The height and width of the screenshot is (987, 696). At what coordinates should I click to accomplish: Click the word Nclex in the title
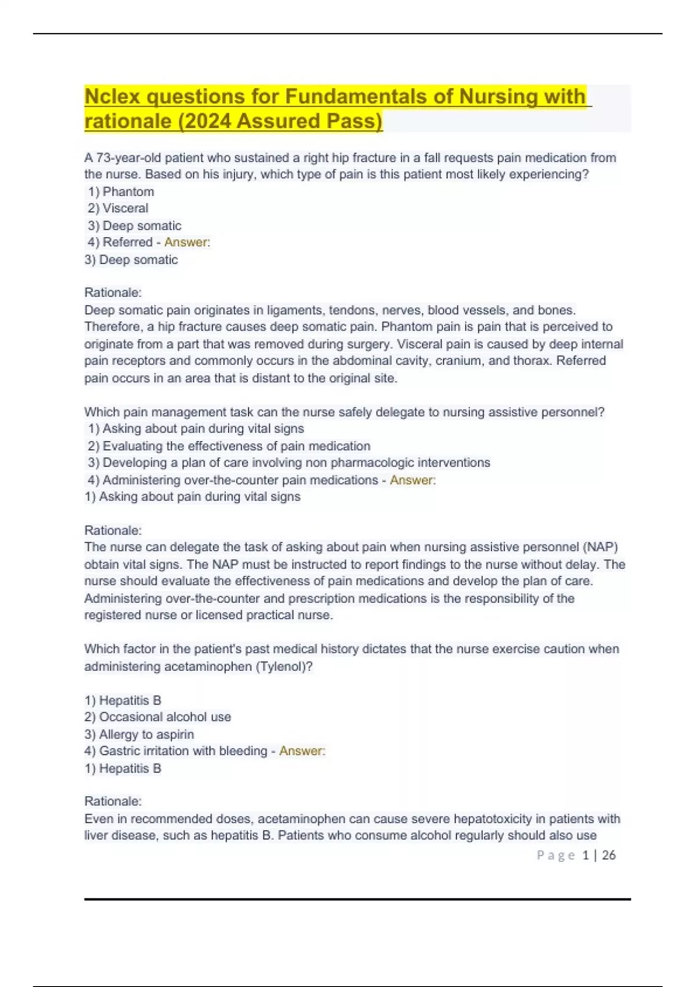(x=113, y=96)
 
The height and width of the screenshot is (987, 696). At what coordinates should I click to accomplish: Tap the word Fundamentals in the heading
(x=369, y=96)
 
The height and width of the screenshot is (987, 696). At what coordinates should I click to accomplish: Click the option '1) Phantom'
(x=121, y=192)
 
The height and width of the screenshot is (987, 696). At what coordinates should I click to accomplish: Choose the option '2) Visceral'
(x=118, y=208)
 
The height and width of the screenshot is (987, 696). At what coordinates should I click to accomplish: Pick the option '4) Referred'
(x=120, y=242)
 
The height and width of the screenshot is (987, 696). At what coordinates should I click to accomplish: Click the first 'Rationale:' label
(x=113, y=293)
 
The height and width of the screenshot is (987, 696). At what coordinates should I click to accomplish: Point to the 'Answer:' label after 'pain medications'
(x=412, y=480)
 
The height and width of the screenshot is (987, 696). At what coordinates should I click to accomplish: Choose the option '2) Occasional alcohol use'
(x=158, y=717)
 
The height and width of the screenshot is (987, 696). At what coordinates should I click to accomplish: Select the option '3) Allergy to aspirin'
(x=139, y=734)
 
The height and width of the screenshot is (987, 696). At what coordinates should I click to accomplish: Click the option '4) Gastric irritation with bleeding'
(x=176, y=751)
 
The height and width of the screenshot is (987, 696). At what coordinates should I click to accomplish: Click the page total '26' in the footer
(x=608, y=855)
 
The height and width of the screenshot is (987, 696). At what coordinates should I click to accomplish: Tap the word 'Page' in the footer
(x=556, y=855)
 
